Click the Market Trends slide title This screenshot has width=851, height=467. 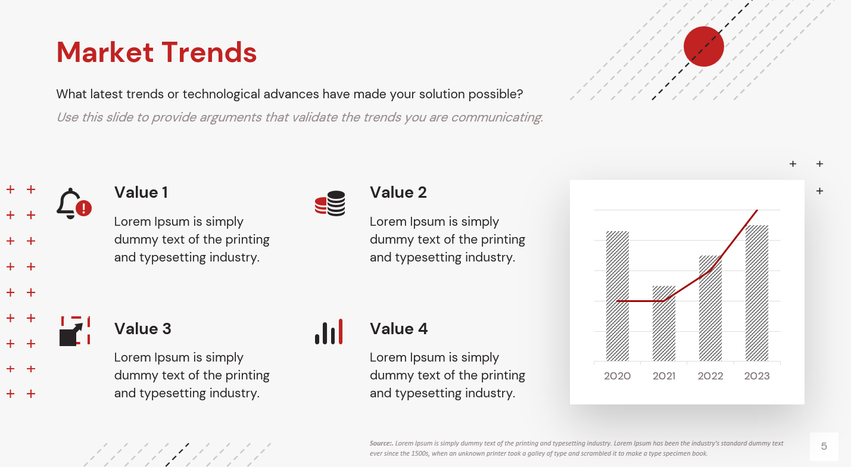[x=157, y=52]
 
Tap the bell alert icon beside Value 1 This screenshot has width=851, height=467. [x=74, y=204]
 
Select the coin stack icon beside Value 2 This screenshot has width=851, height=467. [x=330, y=203]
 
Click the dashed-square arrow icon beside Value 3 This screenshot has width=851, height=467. [x=75, y=331]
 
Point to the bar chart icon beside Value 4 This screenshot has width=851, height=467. [x=329, y=332]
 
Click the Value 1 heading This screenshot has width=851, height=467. [x=141, y=192]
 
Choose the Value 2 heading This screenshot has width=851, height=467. [x=398, y=192]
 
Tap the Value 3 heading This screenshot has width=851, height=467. [x=143, y=329]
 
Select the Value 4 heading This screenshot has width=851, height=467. [x=398, y=329]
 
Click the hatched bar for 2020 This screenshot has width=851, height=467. [x=618, y=296]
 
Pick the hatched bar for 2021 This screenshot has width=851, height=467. [x=664, y=323]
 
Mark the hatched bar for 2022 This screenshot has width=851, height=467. [x=710, y=308]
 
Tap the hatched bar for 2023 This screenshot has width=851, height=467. [x=757, y=293]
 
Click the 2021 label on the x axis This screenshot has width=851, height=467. [x=664, y=376]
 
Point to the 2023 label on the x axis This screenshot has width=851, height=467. [x=757, y=376]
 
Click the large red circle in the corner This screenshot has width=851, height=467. [x=703, y=46]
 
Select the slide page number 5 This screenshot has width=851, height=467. [x=824, y=446]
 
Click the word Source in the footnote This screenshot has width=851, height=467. [x=381, y=443]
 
